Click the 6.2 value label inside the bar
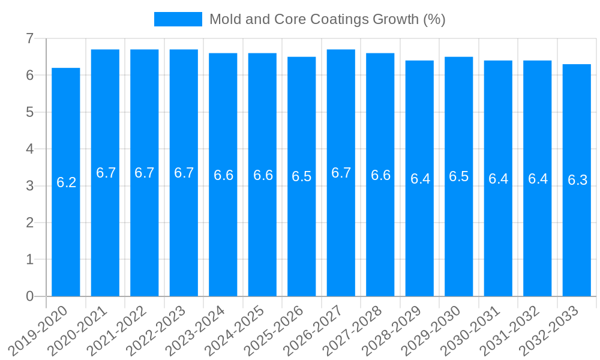(66, 182)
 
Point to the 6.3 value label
(577, 180)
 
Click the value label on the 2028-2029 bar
(420, 179)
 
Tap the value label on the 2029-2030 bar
(459, 176)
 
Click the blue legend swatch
(178, 19)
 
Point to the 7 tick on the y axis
(30, 39)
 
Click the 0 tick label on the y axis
(30, 296)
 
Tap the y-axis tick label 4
(30, 149)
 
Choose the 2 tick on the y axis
(30, 223)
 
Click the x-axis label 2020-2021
(78, 330)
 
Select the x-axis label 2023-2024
(196, 330)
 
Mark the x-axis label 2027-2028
(353, 330)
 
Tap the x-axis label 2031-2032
(510, 330)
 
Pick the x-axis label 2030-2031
(471, 330)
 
